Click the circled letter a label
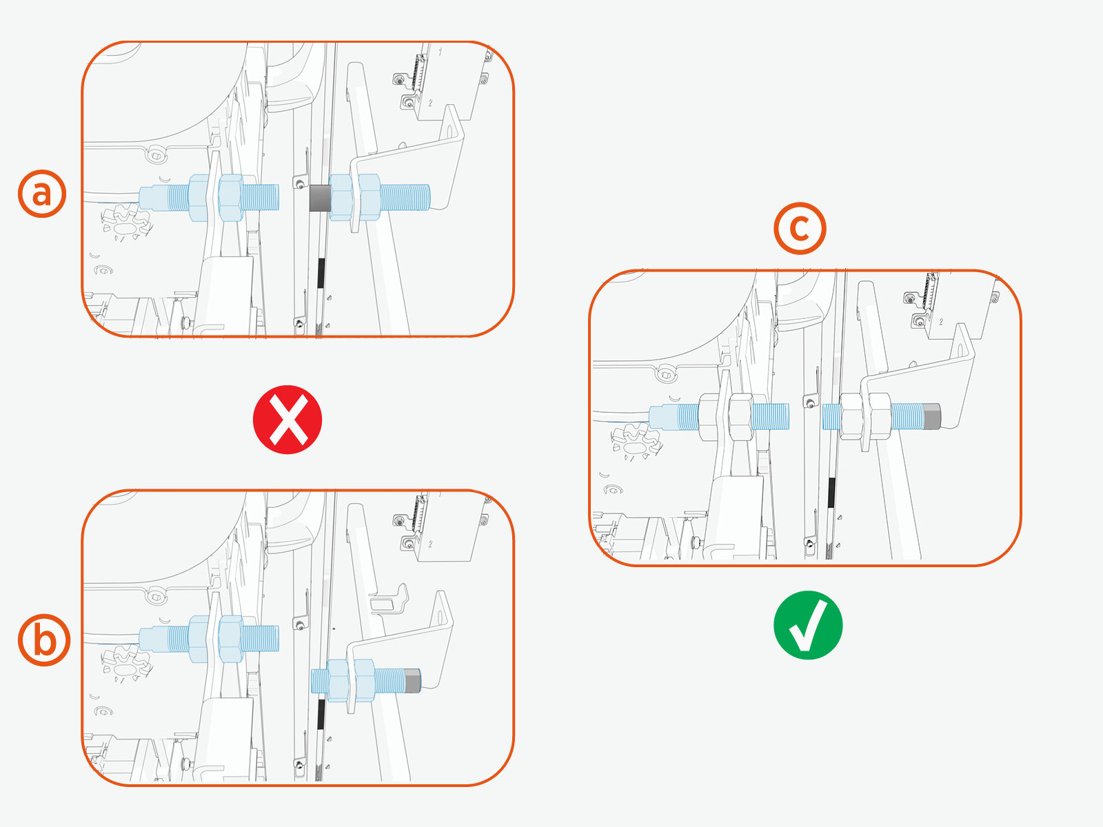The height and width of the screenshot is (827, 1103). (x=42, y=194)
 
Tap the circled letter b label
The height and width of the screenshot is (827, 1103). (x=44, y=640)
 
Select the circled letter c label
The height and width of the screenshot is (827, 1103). (x=800, y=229)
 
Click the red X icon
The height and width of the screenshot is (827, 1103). (x=287, y=420)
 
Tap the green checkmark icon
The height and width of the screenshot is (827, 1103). (x=808, y=625)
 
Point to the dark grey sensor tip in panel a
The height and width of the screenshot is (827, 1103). (x=320, y=198)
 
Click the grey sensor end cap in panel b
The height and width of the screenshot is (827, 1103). (x=413, y=681)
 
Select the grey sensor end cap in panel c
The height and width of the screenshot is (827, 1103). (x=932, y=416)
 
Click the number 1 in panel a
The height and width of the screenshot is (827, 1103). (x=441, y=51)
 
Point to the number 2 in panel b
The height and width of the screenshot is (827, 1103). (x=430, y=544)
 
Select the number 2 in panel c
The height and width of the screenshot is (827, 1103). (x=941, y=321)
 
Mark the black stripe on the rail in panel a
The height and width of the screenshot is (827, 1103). (x=321, y=273)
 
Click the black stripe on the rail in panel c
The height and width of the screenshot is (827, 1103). (x=831, y=492)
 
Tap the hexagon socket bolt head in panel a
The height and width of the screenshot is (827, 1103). (x=156, y=155)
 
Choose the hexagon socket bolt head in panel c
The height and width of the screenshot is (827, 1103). (x=667, y=375)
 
